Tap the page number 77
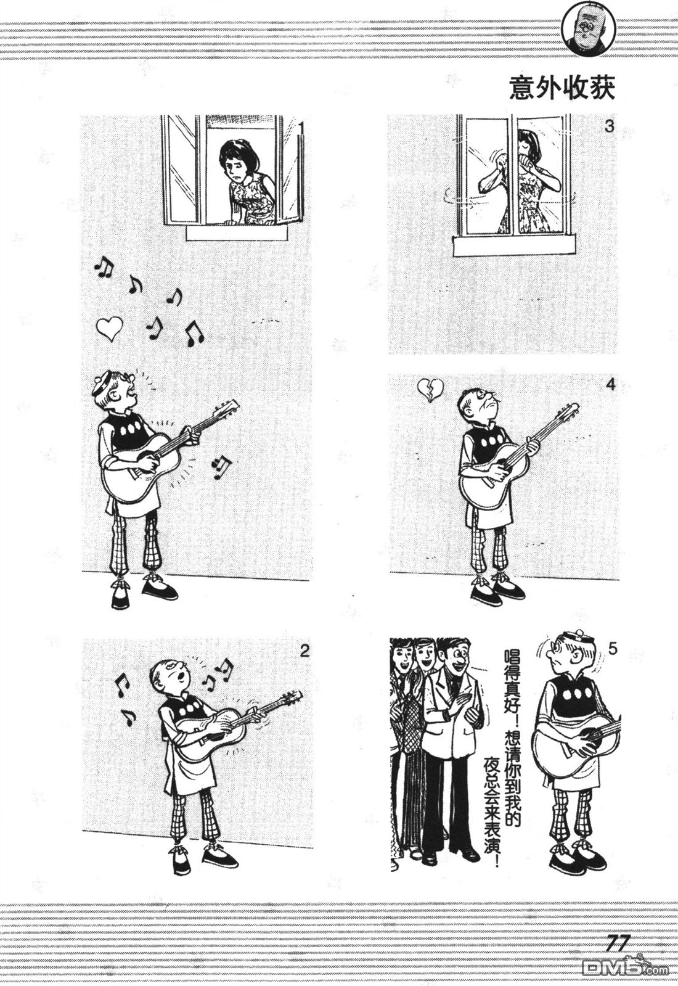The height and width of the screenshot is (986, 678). (x=619, y=942)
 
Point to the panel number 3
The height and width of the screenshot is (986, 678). (x=610, y=126)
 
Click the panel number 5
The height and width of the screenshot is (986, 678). (x=613, y=649)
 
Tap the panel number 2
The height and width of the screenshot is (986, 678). (x=304, y=651)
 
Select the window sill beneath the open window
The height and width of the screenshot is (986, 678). (x=237, y=233)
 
